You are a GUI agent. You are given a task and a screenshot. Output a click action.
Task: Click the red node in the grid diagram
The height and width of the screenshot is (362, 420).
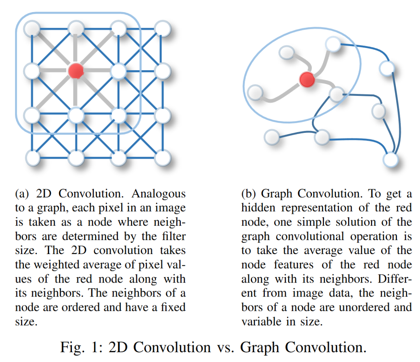pyautogui.click(x=76, y=71)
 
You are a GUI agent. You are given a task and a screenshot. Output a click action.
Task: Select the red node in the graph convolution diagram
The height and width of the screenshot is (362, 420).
pyautogui.click(x=307, y=79)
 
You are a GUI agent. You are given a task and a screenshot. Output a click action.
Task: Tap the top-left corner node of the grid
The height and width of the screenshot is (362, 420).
pyautogui.click(x=32, y=28)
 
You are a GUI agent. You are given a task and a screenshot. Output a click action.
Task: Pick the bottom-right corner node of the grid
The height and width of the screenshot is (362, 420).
pyautogui.click(x=163, y=158)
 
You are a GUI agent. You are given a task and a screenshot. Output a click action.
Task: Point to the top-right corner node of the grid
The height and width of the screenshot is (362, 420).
pyautogui.click(x=162, y=28)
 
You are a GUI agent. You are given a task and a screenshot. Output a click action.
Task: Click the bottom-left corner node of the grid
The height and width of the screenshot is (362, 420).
pyautogui.click(x=33, y=158)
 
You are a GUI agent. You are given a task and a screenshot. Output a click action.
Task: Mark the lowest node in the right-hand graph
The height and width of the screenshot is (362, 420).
pyautogui.click(x=390, y=159)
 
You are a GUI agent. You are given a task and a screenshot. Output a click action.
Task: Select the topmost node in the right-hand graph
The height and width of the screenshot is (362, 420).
pyautogui.click(x=333, y=44)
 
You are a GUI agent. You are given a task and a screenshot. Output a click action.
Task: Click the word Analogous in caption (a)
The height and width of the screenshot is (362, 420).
pyautogui.click(x=159, y=194)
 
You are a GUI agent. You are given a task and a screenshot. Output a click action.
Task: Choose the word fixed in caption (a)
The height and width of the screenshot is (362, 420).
pyautogui.click(x=173, y=307)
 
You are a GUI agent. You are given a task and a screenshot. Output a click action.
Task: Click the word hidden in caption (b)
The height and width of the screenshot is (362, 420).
pyautogui.click(x=258, y=208)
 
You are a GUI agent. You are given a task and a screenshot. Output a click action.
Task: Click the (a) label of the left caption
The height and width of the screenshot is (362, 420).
pyautogui.click(x=22, y=194)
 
